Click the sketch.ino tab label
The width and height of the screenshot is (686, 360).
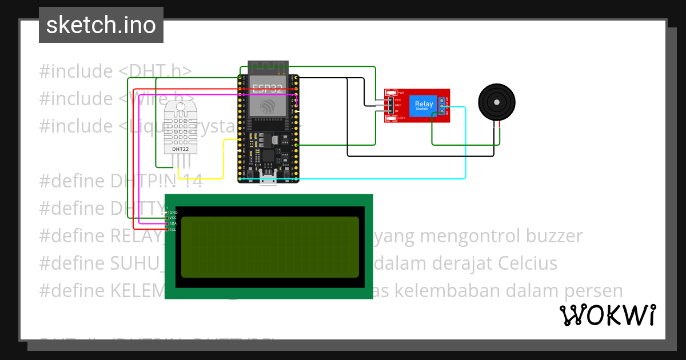click(101, 25)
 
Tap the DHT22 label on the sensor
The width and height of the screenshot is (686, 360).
click(181, 149)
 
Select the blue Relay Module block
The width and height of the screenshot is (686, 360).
click(424, 106)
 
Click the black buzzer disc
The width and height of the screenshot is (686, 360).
click(496, 103)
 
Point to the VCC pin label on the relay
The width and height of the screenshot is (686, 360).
click(398, 100)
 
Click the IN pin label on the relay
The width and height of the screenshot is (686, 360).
click(397, 111)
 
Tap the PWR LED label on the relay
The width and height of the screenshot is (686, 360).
click(401, 93)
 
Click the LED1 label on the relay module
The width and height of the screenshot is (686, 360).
click(401, 118)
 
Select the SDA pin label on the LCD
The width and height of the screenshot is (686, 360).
click(173, 223)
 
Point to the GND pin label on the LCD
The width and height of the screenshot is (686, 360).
click(173, 212)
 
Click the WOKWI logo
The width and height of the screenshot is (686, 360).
click(607, 315)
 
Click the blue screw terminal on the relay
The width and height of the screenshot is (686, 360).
click(442, 106)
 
